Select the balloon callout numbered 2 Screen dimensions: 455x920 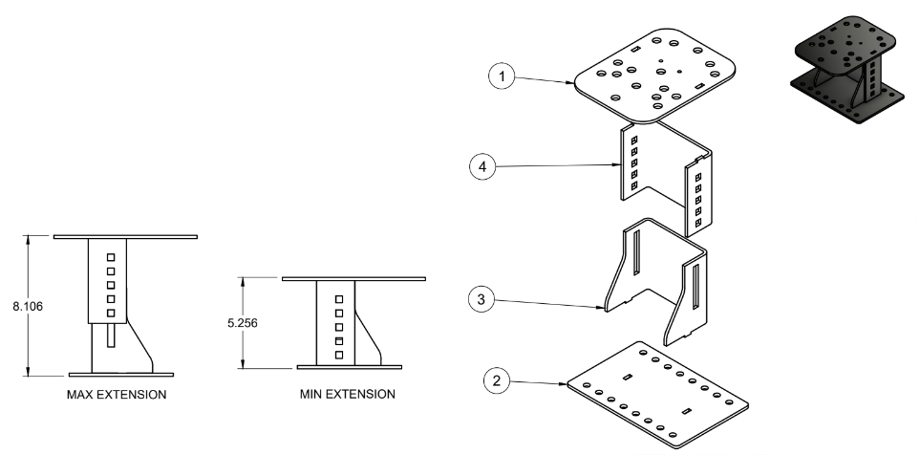point(495,380)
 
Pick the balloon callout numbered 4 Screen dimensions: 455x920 point(484,166)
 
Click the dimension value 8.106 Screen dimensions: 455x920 point(16,307)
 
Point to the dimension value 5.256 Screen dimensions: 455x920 point(245,322)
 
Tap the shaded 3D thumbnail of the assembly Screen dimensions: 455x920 point(845,71)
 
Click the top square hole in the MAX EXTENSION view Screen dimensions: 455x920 point(111,256)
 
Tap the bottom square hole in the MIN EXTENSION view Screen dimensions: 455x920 point(338,356)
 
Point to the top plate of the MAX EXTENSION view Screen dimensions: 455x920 point(125,236)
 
